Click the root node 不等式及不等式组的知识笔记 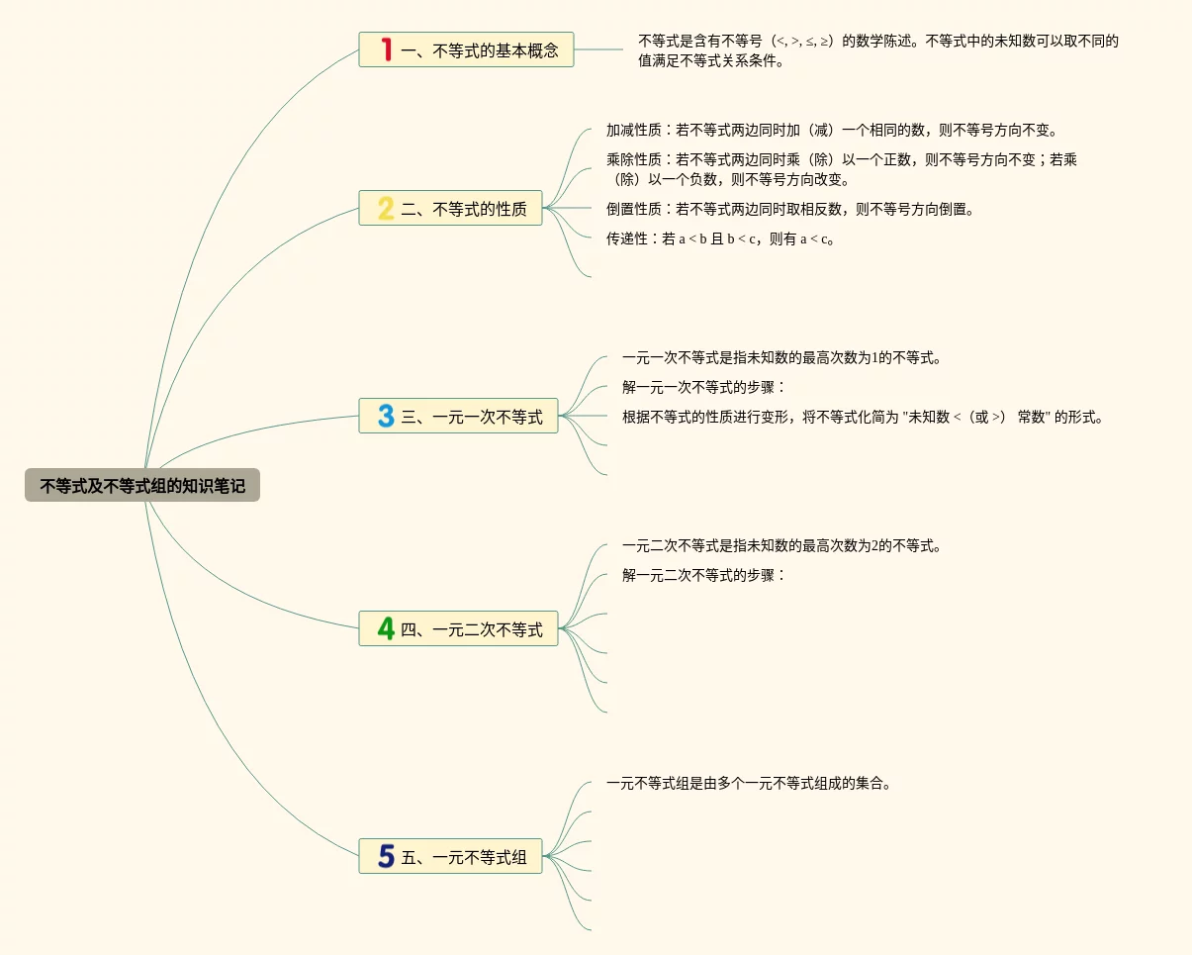142,486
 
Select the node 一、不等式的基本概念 466,49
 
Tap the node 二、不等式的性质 450,209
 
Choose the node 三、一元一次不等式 458,417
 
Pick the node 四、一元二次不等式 458,628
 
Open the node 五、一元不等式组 450,857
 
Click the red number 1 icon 386,49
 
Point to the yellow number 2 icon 386,209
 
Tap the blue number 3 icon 386,417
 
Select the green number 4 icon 386,628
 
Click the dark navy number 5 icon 386,857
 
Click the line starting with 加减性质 832,130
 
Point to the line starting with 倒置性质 790,209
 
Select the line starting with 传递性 721,239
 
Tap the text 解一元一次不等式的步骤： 704,387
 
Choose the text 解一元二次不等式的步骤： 704,575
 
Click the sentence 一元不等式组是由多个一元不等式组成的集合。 750,784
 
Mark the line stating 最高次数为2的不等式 781,545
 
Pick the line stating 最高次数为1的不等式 781,357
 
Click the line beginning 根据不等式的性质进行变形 862,417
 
